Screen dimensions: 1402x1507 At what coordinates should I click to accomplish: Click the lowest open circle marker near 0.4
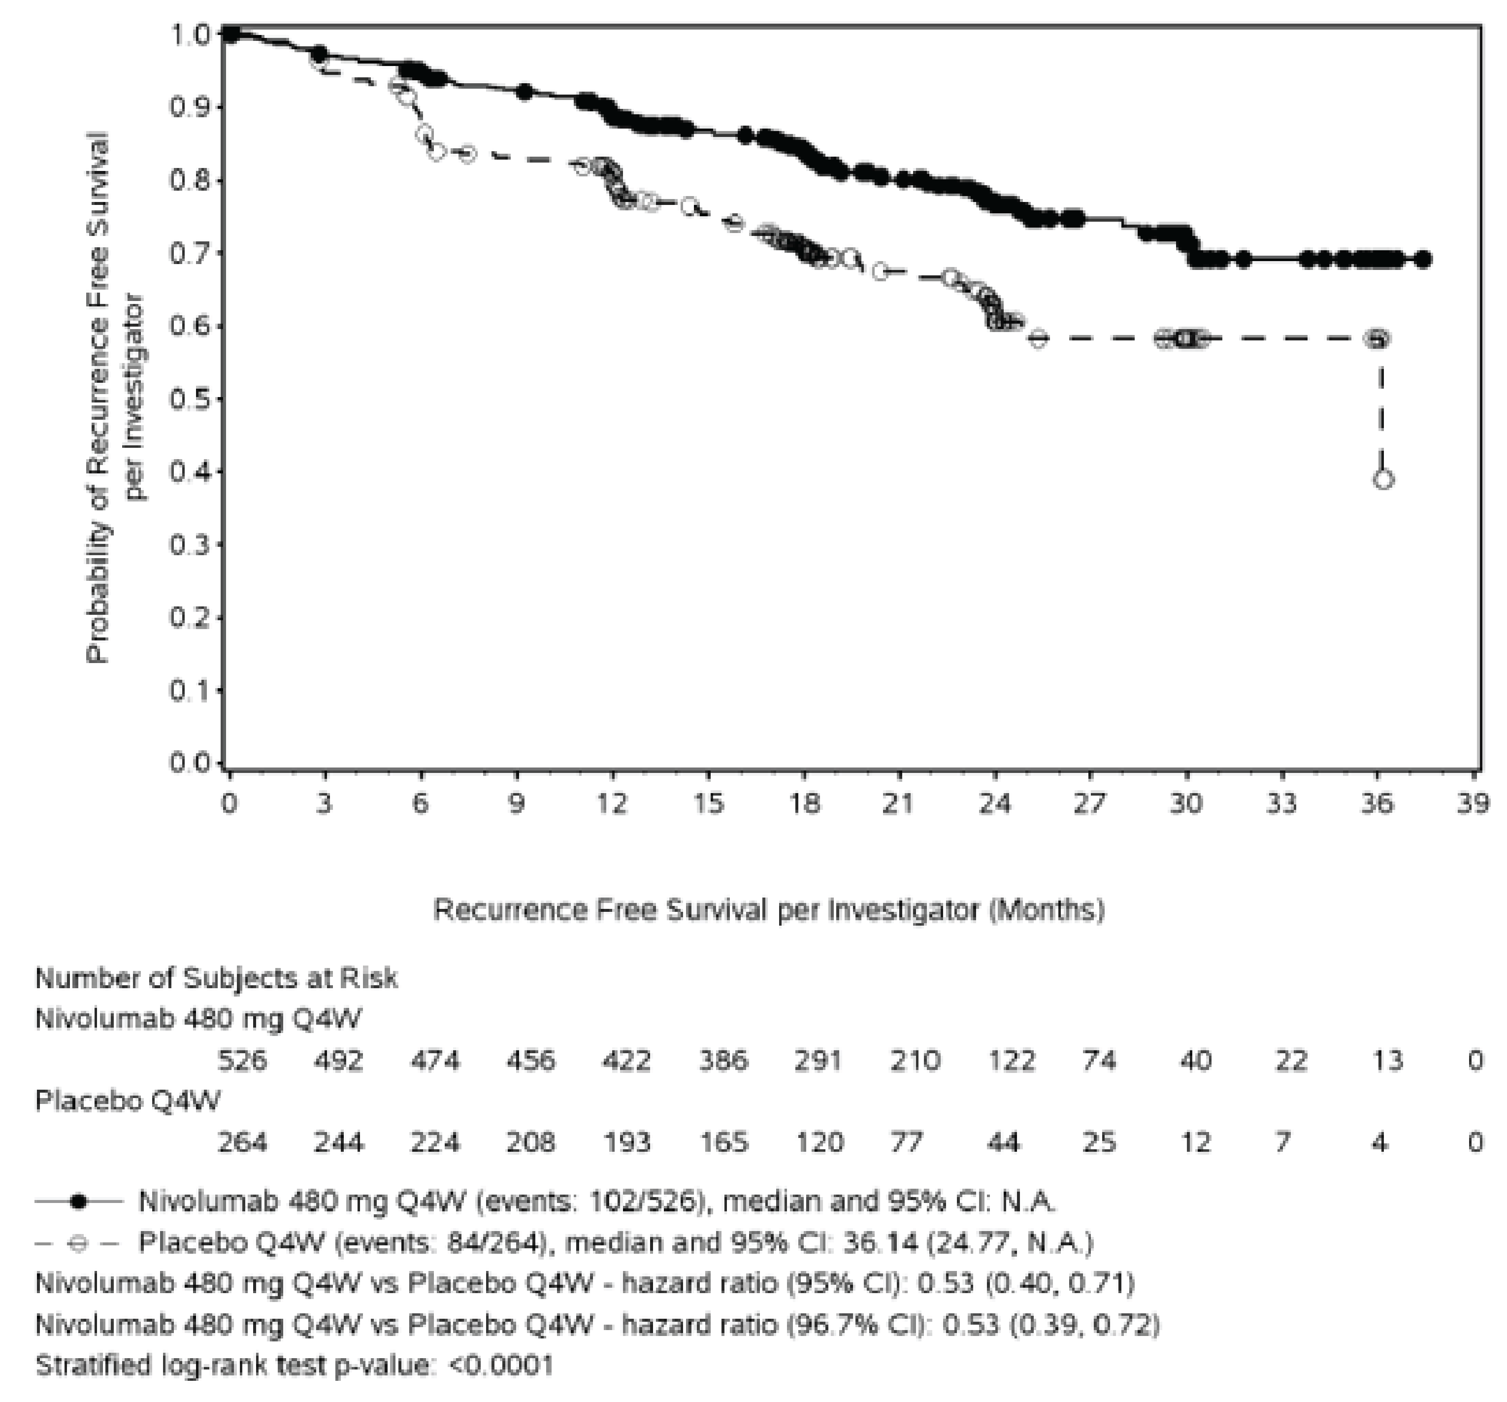click(x=1383, y=479)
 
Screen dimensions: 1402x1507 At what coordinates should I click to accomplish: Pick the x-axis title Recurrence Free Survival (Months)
click(x=769, y=909)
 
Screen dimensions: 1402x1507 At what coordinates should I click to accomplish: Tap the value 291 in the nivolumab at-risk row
click(x=818, y=1060)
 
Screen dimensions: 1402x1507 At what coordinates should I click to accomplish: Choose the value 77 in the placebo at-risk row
click(x=906, y=1142)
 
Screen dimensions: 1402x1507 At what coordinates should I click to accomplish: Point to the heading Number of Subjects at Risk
click(x=216, y=978)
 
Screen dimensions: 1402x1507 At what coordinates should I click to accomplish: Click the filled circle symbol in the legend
click(x=78, y=1201)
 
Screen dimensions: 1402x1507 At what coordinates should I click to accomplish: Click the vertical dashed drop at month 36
click(x=1381, y=409)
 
